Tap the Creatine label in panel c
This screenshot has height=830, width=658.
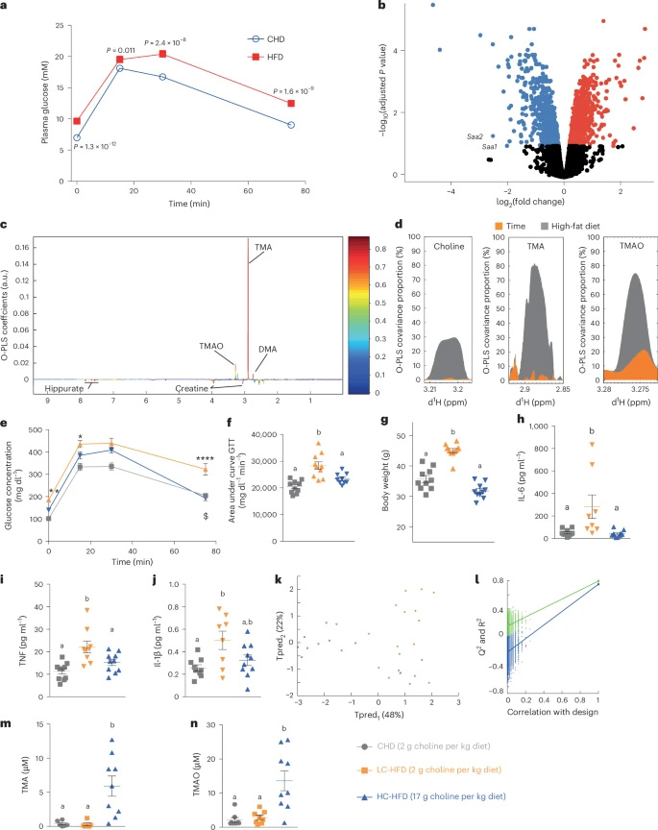pyautogui.click(x=190, y=388)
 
